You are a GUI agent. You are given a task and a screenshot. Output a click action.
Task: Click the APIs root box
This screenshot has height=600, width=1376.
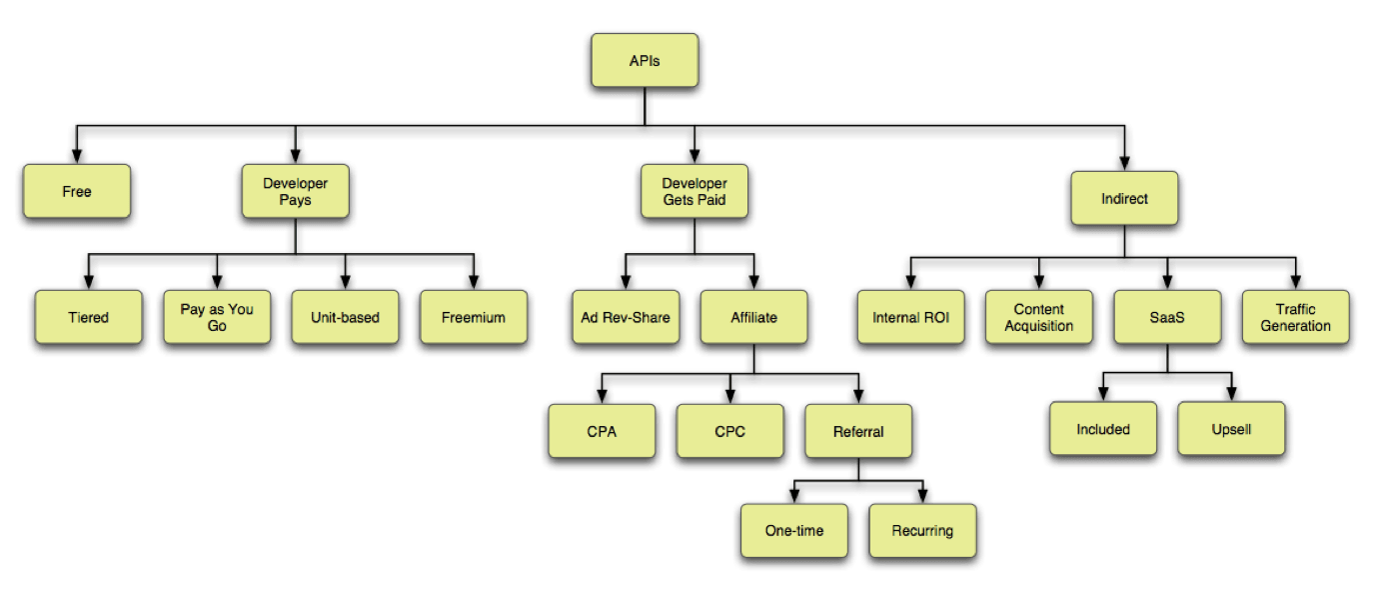click(645, 61)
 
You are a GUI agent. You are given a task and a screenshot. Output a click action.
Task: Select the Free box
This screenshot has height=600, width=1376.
click(77, 191)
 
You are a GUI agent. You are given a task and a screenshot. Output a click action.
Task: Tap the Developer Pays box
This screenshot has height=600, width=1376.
click(295, 191)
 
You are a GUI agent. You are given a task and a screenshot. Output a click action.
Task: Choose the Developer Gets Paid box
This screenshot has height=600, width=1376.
click(694, 191)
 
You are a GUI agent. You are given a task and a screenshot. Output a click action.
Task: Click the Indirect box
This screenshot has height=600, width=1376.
click(1124, 198)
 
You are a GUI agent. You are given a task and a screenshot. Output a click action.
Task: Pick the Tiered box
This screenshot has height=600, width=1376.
click(88, 317)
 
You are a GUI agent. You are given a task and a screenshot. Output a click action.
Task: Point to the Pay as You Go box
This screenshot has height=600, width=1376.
click(217, 317)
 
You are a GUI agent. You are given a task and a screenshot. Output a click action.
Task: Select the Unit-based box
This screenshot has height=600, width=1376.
click(345, 317)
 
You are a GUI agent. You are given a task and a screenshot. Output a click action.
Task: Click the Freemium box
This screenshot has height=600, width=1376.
click(474, 317)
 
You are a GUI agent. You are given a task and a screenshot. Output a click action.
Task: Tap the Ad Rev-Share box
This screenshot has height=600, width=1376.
click(626, 317)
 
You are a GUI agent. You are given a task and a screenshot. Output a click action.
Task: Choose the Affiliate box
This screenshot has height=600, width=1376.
click(753, 317)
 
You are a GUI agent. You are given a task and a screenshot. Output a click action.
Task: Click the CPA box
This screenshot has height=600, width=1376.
click(602, 431)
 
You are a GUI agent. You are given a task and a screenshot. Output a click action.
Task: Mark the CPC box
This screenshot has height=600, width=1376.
click(729, 431)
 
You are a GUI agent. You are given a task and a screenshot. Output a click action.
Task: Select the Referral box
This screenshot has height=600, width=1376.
click(858, 431)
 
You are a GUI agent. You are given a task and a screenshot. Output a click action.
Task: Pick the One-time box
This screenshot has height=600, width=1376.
click(794, 530)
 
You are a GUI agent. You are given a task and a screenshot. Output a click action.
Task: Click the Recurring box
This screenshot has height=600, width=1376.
click(922, 530)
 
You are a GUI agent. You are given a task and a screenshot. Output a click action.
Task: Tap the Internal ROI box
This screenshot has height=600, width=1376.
click(910, 317)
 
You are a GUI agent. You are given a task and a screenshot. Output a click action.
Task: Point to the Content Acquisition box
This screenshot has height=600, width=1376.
click(1039, 317)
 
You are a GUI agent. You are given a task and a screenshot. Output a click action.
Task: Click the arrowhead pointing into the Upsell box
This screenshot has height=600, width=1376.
click(1231, 394)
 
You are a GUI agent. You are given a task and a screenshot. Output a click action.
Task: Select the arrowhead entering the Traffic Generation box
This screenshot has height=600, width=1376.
click(1296, 282)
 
